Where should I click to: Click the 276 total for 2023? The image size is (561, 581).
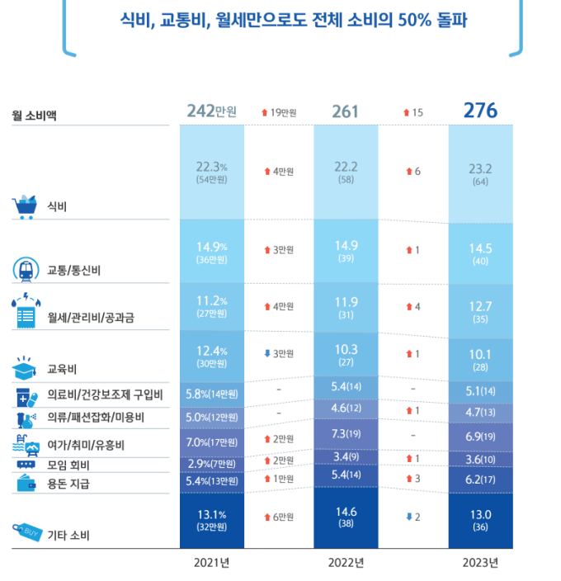tap(480, 111)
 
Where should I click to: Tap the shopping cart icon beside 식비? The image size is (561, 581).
tap(25, 205)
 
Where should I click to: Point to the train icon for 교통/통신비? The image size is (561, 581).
tap(25, 269)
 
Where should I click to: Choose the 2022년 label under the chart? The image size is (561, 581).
tap(346, 563)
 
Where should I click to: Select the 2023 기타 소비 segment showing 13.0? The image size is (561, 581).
tap(480, 521)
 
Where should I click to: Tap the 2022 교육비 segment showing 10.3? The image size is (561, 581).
tap(346, 356)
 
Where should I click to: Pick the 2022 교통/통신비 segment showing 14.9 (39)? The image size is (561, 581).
tap(346, 251)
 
